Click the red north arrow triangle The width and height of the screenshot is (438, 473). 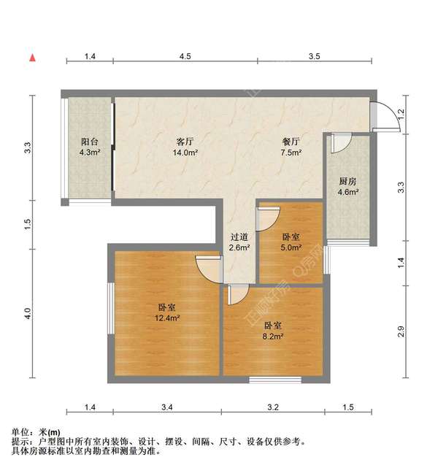point(32,56)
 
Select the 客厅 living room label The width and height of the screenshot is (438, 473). point(185,142)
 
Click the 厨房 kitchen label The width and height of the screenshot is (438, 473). point(347,181)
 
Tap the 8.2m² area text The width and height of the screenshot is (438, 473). point(273,337)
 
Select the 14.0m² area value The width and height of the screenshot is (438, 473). point(185,153)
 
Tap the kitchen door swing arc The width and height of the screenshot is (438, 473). point(341,143)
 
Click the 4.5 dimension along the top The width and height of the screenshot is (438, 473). point(185,56)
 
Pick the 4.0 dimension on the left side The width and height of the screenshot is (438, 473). point(27,314)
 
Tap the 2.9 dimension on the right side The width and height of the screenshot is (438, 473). point(401,332)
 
